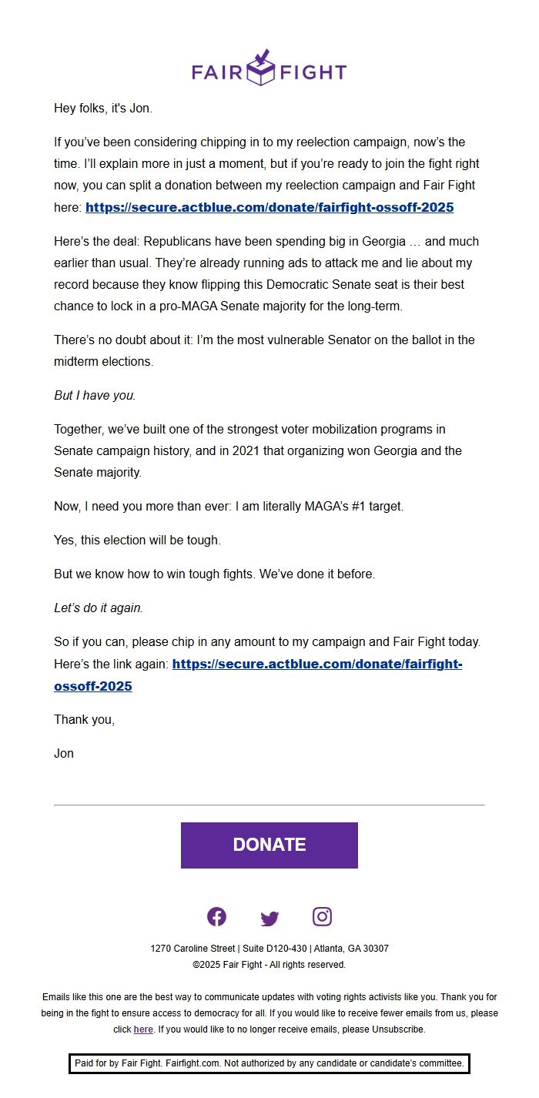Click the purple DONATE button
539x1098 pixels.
(269, 845)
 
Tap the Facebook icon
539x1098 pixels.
(216, 916)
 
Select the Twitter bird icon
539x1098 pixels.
(269, 918)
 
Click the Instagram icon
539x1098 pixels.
(322, 916)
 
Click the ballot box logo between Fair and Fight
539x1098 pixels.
(263, 68)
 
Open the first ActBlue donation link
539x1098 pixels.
(269, 207)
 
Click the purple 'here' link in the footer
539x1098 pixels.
(143, 1029)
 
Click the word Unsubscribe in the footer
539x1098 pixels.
(398, 1029)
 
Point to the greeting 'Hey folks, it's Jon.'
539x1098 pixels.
(103, 109)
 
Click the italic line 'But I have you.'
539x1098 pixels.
(95, 395)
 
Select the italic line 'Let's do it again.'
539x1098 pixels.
(99, 608)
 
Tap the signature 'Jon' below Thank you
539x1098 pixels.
(64, 753)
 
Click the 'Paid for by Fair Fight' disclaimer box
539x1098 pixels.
(269, 1063)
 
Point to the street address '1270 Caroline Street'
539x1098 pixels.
(192, 949)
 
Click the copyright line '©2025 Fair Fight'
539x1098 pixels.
(269, 965)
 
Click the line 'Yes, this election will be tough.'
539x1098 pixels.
(137, 540)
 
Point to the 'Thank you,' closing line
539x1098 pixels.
(84, 719)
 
